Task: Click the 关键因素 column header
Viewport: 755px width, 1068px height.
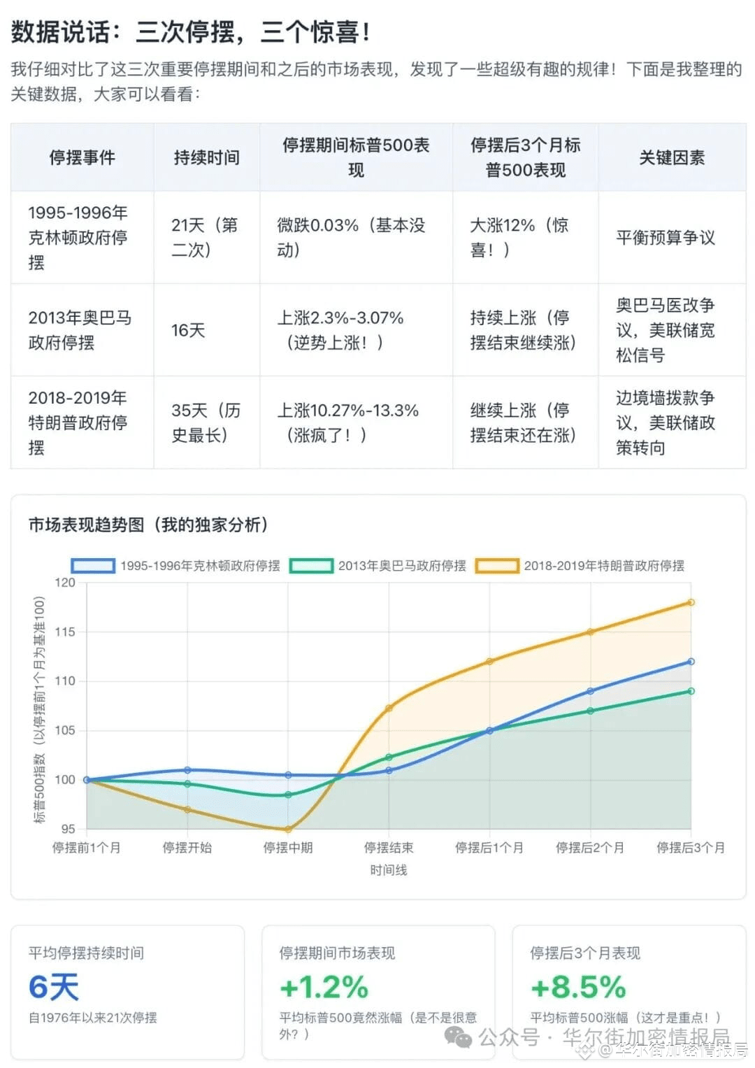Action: pyautogui.click(x=671, y=157)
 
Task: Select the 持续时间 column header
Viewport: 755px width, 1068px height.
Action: pyautogui.click(x=206, y=157)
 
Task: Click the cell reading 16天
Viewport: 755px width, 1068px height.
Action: pyautogui.click(x=188, y=330)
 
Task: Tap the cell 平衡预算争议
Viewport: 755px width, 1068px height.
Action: pyautogui.click(x=665, y=238)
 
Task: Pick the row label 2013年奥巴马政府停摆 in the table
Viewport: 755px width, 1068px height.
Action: pyautogui.click(x=80, y=330)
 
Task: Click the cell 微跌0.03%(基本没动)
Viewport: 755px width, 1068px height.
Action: pyautogui.click(x=351, y=238)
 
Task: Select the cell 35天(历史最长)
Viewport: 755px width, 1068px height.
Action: pyautogui.click(x=206, y=422)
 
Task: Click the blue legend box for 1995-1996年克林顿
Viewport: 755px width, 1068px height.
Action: pyautogui.click(x=93, y=566)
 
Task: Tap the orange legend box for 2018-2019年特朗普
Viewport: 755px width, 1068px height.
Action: pyautogui.click(x=496, y=566)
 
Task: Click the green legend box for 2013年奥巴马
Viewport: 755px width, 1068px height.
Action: pyautogui.click(x=311, y=566)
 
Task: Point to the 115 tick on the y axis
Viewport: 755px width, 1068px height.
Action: pyautogui.click(x=64, y=632)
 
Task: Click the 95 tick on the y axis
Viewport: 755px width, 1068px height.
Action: pyautogui.click(x=68, y=829)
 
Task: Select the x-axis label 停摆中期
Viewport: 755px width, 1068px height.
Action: pyautogui.click(x=288, y=848)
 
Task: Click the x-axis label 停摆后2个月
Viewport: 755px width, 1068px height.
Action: pyautogui.click(x=590, y=848)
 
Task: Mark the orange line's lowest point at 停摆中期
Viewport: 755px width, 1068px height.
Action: pyautogui.click(x=288, y=830)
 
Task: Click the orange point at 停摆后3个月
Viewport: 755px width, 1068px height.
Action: pyautogui.click(x=691, y=602)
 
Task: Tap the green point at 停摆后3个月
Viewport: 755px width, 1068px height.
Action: pyautogui.click(x=691, y=691)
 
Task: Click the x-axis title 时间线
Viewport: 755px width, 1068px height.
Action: pyautogui.click(x=388, y=870)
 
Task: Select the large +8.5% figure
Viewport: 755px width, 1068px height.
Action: pyautogui.click(x=578, y=987)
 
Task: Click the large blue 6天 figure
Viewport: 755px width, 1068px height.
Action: pyautogui.click(x=54, y=987)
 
